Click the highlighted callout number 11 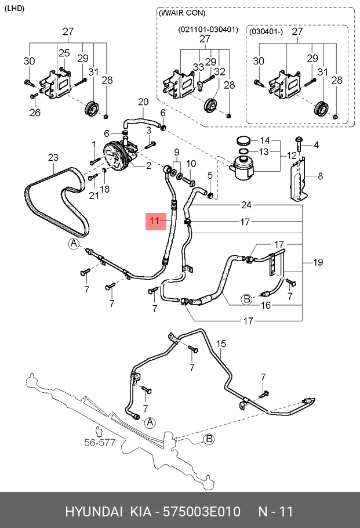click(154, 221)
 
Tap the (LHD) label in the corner click(14, 9)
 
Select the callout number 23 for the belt click(53, 158)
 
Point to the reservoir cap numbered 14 click(245, 140)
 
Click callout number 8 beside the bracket click(320, 176)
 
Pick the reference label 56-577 click(100, 443)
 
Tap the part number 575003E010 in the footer click(202, 511)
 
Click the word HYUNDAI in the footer click(93, 511)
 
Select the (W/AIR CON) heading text click(181, 13)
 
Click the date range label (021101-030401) click(208, 30)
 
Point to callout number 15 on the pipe click(221, 344)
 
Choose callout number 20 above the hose click(143, 102)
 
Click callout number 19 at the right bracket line click(318, 262)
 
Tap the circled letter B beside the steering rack click(209, 439)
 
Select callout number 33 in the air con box click(198, 67)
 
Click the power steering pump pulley click(114, 157)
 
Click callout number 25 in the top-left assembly click(64, 53)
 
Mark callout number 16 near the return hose click(266, 305)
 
